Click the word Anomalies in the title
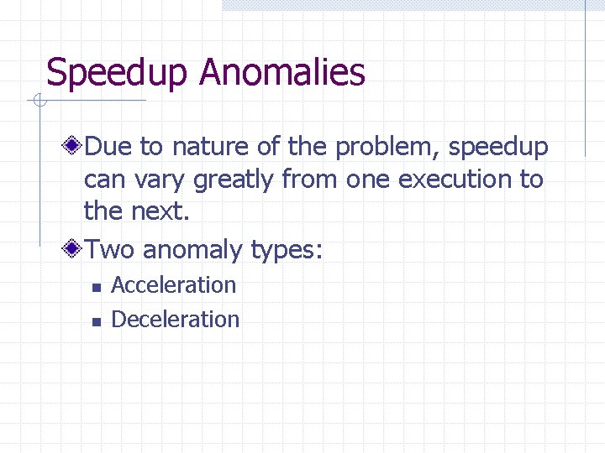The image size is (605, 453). tap(282, 72)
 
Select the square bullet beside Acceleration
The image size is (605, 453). tap(97, 287)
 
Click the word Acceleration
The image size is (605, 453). tap(174, 285)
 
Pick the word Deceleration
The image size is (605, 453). tap(176, 320)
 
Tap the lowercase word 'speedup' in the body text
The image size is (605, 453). tap(498, 148)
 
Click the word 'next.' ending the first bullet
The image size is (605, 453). tap(160, 211)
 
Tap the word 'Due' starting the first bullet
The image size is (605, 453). tap(108, 148)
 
